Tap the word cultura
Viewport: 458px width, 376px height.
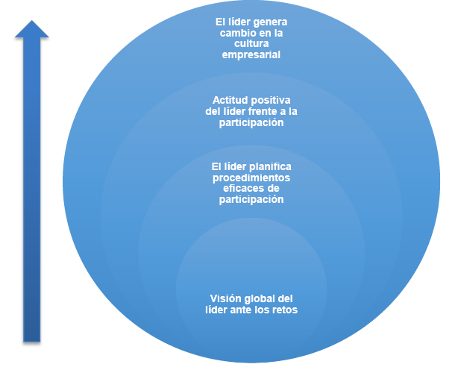[x=251, y=44]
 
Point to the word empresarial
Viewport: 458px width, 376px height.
[x=251, y=55]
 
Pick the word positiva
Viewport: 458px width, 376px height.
[x=269, y=100]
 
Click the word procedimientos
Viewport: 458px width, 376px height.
[x=251, y=178]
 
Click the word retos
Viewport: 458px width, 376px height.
[x=285, y=310]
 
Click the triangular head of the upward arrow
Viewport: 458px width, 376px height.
[x=32, y=28]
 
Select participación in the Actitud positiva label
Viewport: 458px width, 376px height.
[x=251, y=122]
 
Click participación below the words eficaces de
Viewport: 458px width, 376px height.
[x=251, y=200]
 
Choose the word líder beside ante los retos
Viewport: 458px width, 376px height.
[x=217, y=310]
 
